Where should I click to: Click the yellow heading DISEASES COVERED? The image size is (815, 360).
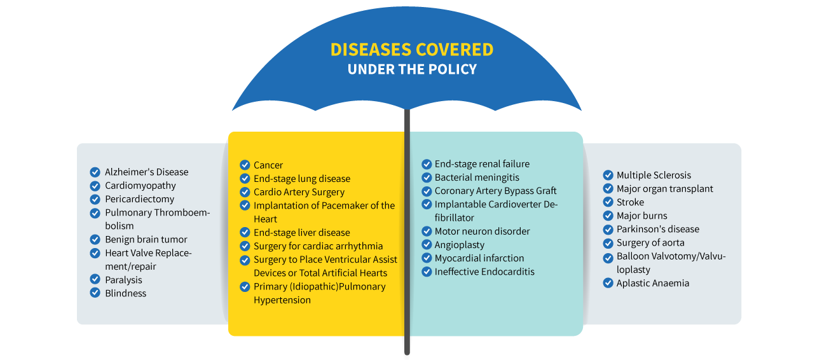412,50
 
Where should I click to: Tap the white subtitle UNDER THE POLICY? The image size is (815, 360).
412,69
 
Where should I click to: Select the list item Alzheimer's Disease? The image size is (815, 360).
147,172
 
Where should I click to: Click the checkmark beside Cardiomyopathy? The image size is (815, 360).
95,186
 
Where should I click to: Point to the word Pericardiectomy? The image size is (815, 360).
140,199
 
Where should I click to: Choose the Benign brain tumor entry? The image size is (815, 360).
146,239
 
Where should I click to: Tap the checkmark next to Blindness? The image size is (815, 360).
95,293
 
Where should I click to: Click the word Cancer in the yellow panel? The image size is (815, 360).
268,165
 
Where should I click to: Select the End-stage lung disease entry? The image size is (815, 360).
302,179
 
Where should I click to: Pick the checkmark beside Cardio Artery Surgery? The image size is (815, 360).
245,192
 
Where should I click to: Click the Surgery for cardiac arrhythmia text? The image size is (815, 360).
318,246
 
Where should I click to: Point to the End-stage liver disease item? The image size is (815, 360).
301,233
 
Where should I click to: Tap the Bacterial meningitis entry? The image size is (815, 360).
477,177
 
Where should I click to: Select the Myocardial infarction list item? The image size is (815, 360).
479,258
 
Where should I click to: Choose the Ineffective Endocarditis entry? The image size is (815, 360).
484,272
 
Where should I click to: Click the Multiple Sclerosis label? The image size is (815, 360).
654,175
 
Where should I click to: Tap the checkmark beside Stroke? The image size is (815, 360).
608,202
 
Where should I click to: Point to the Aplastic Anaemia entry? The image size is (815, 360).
653,283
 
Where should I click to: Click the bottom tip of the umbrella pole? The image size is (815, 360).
407,354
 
